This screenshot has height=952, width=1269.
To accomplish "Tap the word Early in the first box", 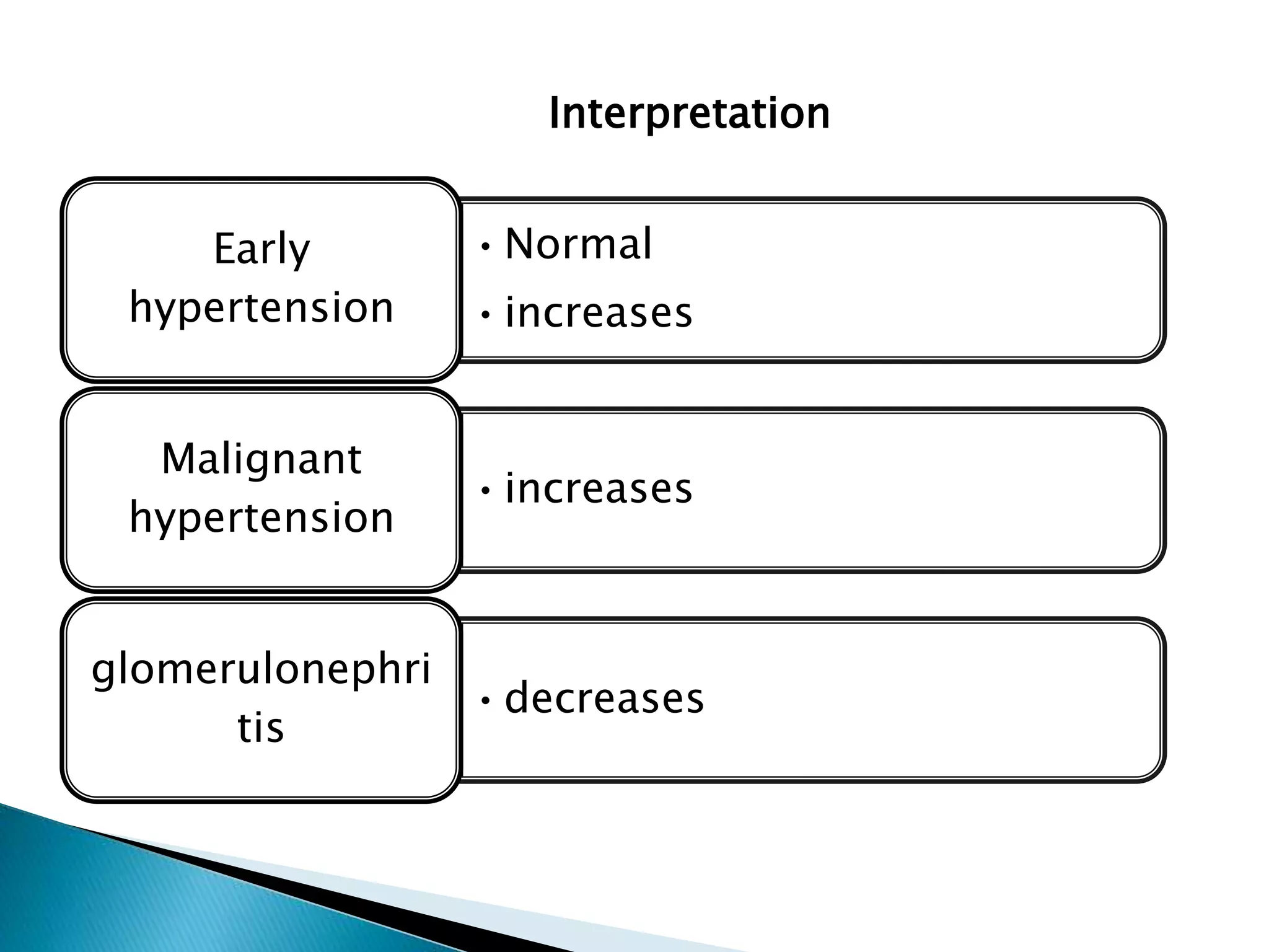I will coord(261,249).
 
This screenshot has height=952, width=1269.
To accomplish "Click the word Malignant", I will coord(261,459).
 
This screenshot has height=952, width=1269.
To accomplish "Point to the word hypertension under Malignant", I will coord(261,518).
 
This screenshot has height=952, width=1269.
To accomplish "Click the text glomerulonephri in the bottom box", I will coord(261,670).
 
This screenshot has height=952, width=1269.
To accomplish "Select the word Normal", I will coord(578,244).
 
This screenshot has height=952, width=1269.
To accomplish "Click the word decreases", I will coord(604,698).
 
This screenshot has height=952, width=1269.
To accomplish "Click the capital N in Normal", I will coord(520,244).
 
